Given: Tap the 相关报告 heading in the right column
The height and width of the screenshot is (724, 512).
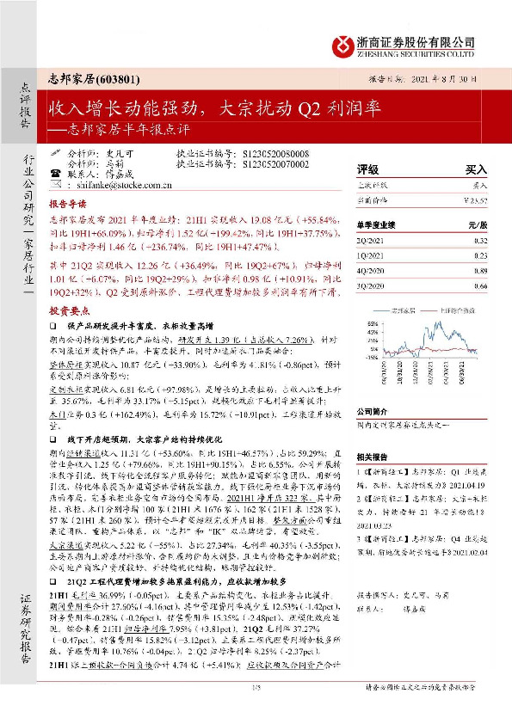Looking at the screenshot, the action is coord(373,457).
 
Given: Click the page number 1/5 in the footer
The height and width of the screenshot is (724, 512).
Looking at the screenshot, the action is coord(255,709).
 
